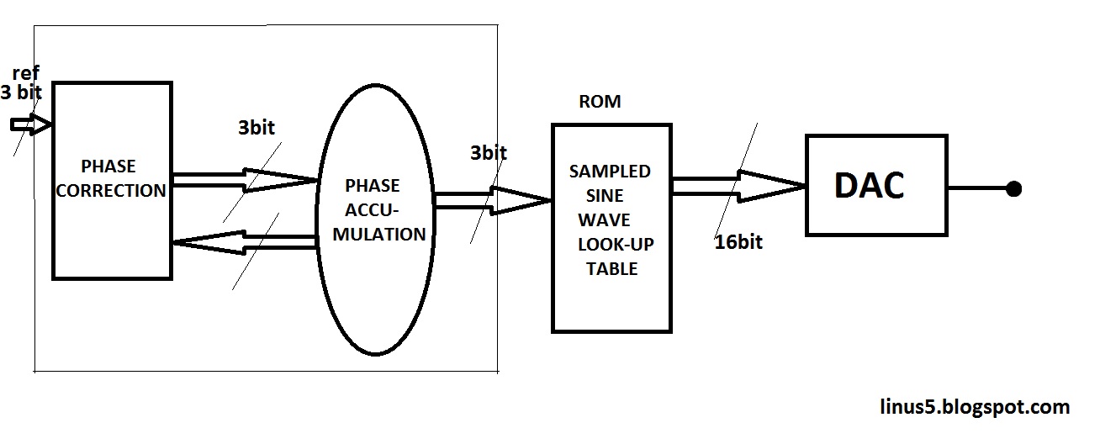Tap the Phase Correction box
[x=112, y=179]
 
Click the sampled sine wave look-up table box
[x=611, y=227]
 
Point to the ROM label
[x=600, y=102]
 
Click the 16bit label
[x=738, y=242]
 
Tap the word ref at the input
[x=26, y=74]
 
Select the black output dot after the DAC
[x=1013, y=188]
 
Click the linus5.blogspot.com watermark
[x=971, y=407]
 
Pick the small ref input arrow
[x=30, y=125]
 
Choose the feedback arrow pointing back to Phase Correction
[x=244, y=243]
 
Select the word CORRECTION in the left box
[x=111, y=190]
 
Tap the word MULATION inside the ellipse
[x=379, y=234]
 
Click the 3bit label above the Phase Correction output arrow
[x=256, y=129]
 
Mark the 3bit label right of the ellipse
[x=489, y=153]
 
